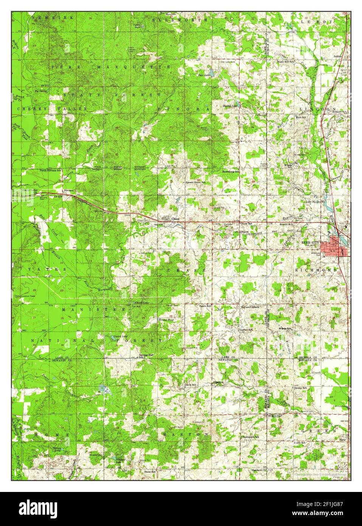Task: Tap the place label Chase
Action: click(x=175, y=219)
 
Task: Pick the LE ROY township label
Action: click(x=316, y=22)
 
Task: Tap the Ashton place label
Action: click(x=337, y=56)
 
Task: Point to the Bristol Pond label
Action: click(x=166, y=320)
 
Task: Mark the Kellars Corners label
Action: click(x=250, y=307)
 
